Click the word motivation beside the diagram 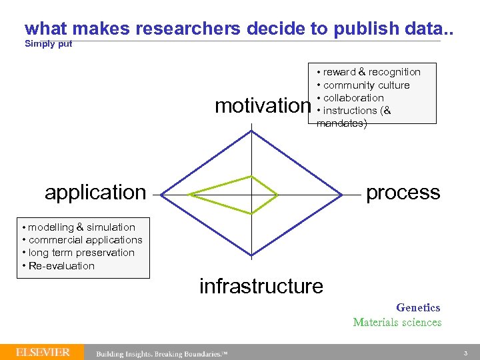click(x=263, y=106)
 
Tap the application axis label click(x=95, y=193)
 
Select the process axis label click(x=403, y=193)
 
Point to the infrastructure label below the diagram click(x=261, y=286)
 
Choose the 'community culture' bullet click(x=366, y=85)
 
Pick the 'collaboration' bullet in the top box click(x=353, y=98)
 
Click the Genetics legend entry click(x=418, y=307)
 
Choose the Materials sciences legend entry click(x=397, y=323)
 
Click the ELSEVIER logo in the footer click(x=43, y=352)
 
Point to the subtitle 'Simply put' click(x=48, y=44)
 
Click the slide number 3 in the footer click(x=466, y=352)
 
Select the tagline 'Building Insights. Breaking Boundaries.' click(x=162, y=353)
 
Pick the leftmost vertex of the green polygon click(x=189, y=195)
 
